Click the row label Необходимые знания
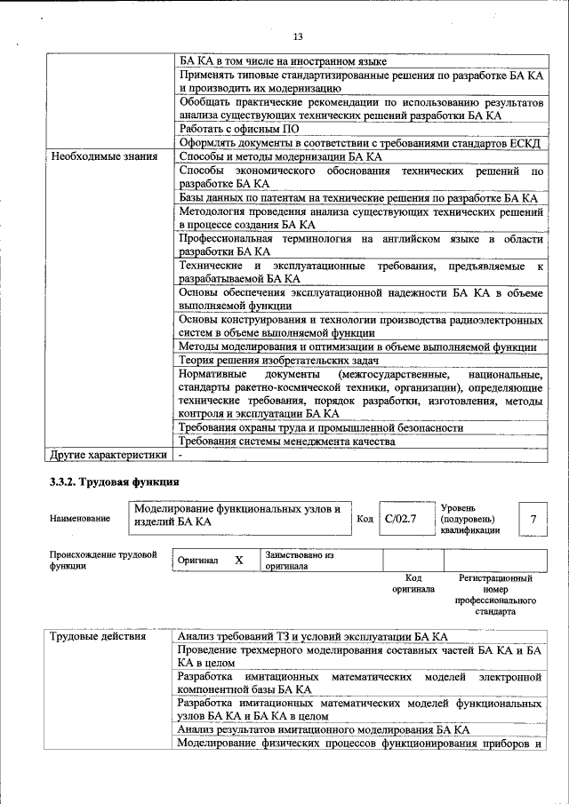tap(101, 156)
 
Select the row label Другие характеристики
tap(108, 455)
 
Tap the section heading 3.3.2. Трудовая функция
tap(114, 482)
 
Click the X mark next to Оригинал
tap(238, 561)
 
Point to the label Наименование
tap(81, 519)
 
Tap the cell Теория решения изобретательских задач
tap(279, 361)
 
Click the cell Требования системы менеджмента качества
tap(285, 441)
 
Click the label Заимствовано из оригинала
tap(298, 560)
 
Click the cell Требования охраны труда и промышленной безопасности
tap(321, 427)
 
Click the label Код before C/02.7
tap(365, 519)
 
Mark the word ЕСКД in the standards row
tap(525, 143)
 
